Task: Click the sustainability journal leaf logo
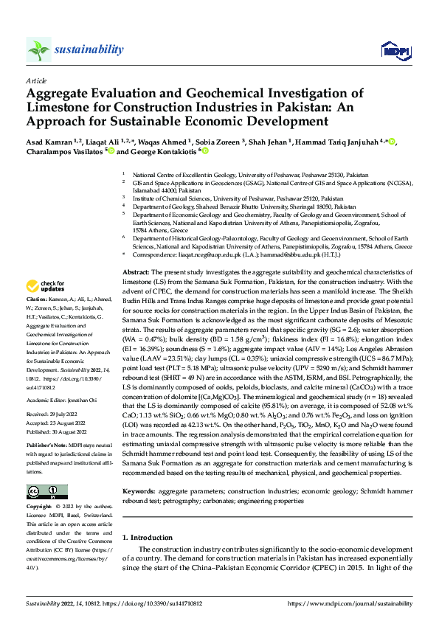pos(38,49)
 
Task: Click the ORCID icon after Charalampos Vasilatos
pos(111,151)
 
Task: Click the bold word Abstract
pos(134,273)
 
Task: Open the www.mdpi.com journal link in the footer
pos(354,603)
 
